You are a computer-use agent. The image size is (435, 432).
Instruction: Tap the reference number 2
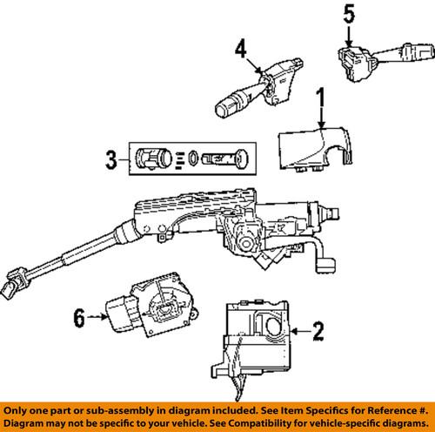318,330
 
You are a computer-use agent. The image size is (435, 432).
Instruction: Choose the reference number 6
78,319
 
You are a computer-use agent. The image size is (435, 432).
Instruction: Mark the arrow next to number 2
300,330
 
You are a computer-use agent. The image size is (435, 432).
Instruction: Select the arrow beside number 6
97,319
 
